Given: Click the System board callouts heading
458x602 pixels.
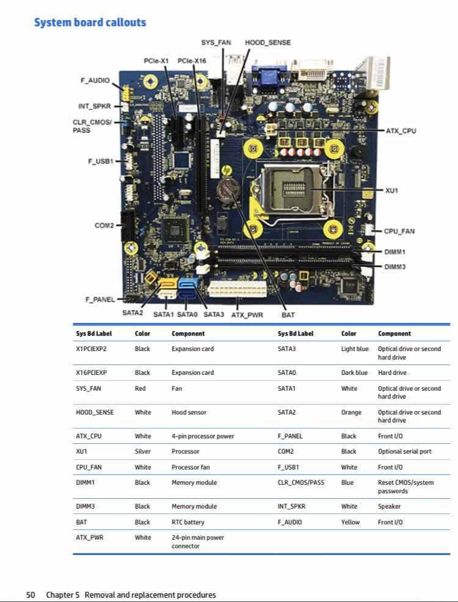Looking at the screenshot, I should pyautogui.click(x=90, y=23).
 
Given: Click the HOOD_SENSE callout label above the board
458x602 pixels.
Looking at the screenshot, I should pyautogui.click(x=267, y=43).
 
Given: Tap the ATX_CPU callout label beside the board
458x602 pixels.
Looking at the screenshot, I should pyautogui.click(x=401, y=131).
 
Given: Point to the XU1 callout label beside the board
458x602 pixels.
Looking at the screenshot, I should pyautogui.click(x=391, y=190).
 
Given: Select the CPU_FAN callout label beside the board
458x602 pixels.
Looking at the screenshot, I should pyautogui.click(x=399, y=231).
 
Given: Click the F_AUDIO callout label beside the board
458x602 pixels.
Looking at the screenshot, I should pyautogui.click(x=95, y=80).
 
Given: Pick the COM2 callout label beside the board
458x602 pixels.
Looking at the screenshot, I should pyautogui.click(x=104, y=225).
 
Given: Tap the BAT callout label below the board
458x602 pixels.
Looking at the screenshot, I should pyautogui.click(x=288, y=315).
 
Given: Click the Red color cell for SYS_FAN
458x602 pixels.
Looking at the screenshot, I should pyautogui.click(x=140, y=388).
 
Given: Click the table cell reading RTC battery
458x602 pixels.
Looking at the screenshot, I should pyautogui.click(x=188, y=522).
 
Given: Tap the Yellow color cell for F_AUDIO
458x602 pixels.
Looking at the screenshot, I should pyautogui.click(x=351, y=522).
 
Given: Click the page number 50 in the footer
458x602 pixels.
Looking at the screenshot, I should pyautogui.click(x=31, y=595).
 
